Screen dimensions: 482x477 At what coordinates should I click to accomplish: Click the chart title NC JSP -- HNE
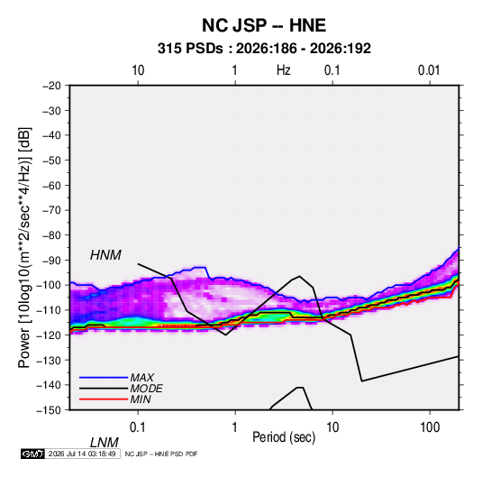(x=264, y=25)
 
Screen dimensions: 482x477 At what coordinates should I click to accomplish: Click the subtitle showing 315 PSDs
(x=264, y=49)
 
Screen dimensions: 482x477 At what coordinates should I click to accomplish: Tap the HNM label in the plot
(x=105, y=255)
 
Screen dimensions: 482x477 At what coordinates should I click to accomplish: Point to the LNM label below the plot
(x=104, y=443)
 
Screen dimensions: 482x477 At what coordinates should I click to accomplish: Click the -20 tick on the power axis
(x=51, y=86)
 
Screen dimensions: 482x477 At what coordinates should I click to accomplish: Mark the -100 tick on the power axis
(x=49, y=285)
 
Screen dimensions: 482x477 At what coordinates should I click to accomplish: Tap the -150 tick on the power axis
(x=49, y=410)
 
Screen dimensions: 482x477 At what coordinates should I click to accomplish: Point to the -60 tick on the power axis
(x=51, y=185)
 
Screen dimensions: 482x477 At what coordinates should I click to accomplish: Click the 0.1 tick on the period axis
(x=138, y=427)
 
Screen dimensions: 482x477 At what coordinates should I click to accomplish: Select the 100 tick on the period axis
(x=430, y=427)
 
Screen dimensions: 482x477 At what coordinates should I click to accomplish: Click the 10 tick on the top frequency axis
(x=138, y=70)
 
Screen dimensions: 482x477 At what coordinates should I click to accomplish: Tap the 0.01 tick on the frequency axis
(x=429, y=70)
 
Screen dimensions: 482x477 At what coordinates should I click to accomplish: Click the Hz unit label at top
(x=284, y=70)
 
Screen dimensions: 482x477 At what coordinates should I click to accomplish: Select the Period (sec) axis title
(x=284, y=437)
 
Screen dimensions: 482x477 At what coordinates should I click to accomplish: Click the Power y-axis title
(x=24, y=248)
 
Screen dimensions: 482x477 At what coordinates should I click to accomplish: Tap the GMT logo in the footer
(x=33, y=454)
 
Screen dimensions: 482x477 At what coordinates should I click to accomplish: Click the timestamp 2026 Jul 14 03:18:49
(x=82, y=454)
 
